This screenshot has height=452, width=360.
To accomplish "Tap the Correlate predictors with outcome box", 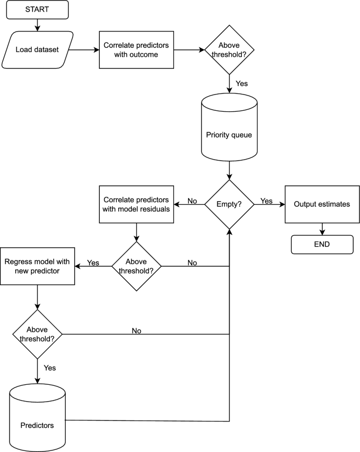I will (x=136, y=50).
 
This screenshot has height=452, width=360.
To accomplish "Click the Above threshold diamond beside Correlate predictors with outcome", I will (x=229, y=50).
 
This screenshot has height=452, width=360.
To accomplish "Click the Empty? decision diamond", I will (x=229, y=204).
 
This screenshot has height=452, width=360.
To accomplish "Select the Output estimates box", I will (x=322, y=204).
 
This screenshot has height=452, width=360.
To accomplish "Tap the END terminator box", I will (x=322, y=244).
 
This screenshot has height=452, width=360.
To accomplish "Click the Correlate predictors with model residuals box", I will (x=136, y=204).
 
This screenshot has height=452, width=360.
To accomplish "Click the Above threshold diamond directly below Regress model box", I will (x=37, y=334).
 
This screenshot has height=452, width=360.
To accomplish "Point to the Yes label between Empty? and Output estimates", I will (x=266, y=201).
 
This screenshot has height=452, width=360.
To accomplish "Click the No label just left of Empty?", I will (x=192, y=201).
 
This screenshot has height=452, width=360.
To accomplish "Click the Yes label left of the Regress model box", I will (x=93, y=262).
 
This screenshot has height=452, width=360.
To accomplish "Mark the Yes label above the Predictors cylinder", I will (x=50, y=368).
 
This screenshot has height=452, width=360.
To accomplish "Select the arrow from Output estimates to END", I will (x=322, y=229).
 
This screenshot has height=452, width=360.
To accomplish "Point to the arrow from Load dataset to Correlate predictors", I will (x=84, y=50).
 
